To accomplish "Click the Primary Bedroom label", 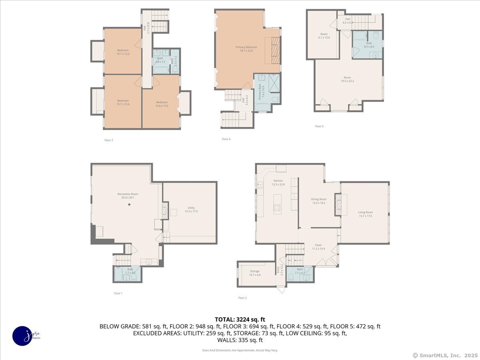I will (x=246, y=47).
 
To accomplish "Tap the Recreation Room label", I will (x=128, y=194).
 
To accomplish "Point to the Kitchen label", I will (x=278, y=181).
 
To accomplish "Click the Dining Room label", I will (x=319, y=199).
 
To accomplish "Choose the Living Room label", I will (x=365, y=212).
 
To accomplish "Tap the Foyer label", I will (x=318, y=245).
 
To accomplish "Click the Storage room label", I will (x=255, y=271).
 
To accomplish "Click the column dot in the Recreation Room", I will (x=129, y=204).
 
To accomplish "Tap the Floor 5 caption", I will (x=319, y=126).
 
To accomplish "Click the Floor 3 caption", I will (x=108, y=140).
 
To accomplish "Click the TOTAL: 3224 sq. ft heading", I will (x=240, y=319).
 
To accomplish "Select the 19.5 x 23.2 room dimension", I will (x=347, y=81).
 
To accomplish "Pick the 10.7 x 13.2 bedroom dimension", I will (x=123, y=54).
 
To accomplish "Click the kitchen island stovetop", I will (x=277, y=207).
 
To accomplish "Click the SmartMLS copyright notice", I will (x=444, y=355).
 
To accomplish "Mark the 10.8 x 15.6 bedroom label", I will (x=162, y=106).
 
